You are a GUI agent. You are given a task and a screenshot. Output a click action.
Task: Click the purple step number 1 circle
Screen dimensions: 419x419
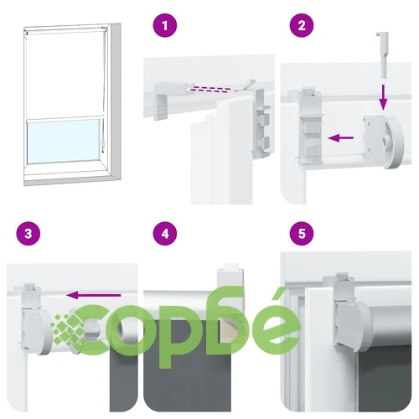coord(165,25)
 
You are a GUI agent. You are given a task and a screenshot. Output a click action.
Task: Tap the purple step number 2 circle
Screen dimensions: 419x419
coord(302,25)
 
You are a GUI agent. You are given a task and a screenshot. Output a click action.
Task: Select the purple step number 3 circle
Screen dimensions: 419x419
coord(28,233)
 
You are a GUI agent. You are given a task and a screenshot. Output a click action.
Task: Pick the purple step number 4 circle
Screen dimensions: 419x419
coord(165,233)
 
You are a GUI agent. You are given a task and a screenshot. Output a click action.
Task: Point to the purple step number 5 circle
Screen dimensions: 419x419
coord(302,233)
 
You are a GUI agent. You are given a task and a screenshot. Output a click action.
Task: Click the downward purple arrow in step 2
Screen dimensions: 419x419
coord(384,97)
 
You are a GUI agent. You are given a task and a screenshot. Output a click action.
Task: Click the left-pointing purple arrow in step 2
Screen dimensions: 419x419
coord(340,137)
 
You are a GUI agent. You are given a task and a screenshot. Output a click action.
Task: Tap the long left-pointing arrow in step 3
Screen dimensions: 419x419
coord(94,295)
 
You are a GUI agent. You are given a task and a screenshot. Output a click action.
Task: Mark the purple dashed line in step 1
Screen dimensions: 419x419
coord(211,89)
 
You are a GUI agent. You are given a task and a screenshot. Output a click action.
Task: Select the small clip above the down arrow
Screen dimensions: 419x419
coord(383,54)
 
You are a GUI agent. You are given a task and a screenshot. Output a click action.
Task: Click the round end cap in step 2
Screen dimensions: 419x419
coord(385,142)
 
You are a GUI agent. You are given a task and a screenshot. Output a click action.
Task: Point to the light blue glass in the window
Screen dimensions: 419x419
coord(64,141)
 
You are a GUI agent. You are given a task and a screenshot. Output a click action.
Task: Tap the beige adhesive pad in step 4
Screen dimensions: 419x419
coord(228,332)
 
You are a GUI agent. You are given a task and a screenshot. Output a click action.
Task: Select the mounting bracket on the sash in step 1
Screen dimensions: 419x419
coord(261,122)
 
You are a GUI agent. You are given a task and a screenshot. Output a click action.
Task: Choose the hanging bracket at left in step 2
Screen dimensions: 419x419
coord(310,127)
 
